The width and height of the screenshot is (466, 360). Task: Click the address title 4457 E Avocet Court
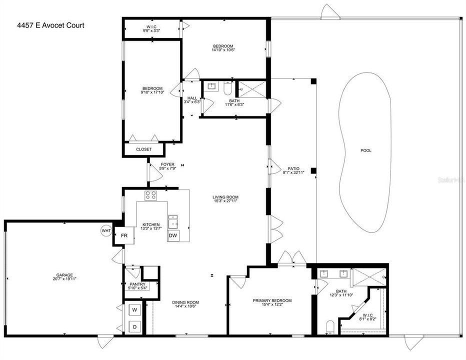point(43,25)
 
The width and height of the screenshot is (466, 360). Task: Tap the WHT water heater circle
point(106,230)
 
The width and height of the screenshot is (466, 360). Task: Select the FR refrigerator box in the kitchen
point(123,235)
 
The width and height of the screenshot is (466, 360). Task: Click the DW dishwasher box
point(173,235)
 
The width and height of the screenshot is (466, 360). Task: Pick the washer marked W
point(134,310)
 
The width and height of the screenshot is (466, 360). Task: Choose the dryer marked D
point(134,326)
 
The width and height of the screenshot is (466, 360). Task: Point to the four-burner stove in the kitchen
point(151,195)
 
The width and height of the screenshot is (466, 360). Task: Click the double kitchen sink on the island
point(173,220)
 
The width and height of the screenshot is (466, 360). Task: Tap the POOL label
point(366,150)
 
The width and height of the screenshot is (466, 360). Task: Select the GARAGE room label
point(64,274)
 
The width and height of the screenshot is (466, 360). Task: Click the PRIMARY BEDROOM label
point(272,300)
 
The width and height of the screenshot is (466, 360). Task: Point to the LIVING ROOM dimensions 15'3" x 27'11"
point(224,201)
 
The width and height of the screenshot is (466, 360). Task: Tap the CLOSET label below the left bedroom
point(143,149)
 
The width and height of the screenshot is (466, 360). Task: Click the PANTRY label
point(137,284)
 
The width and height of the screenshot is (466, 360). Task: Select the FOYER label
point(167,164)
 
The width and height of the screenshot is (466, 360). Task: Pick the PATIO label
point(293,168)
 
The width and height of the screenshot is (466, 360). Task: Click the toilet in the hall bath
point(227,88)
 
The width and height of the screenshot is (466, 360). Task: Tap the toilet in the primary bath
point(329,327)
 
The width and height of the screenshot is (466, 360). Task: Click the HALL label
point(192,98)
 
